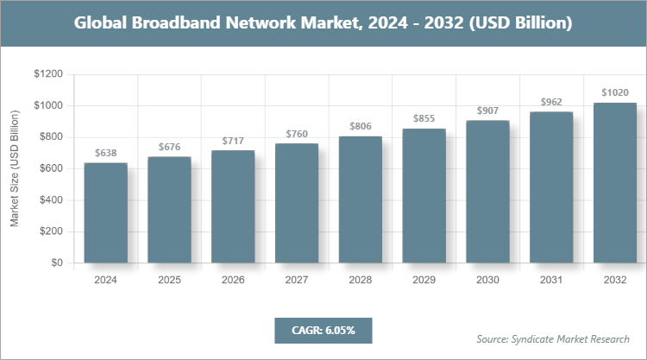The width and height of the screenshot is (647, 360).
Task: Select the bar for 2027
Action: (297, 203)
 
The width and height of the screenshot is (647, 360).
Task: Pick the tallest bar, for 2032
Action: (615, 182)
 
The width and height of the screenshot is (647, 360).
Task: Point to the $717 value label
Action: (233, 141)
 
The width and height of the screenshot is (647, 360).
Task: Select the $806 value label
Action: (361, 127)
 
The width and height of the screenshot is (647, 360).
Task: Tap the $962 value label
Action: (551, 102)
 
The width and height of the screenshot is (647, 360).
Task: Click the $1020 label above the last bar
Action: (615, 93)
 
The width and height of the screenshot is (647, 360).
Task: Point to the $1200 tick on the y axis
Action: (47, 75)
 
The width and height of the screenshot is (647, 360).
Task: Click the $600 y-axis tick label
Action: (50, 169)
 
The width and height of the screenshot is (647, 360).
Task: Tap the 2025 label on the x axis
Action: (169, 281)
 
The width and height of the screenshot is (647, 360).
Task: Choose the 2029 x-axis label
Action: (424, 281)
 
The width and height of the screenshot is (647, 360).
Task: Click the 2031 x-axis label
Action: (551, 281)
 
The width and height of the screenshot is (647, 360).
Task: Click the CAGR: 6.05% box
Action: (323, 331)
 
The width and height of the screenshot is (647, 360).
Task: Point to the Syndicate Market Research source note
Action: (553, 338)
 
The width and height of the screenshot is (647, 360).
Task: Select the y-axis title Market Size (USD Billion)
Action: (15, 169)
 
